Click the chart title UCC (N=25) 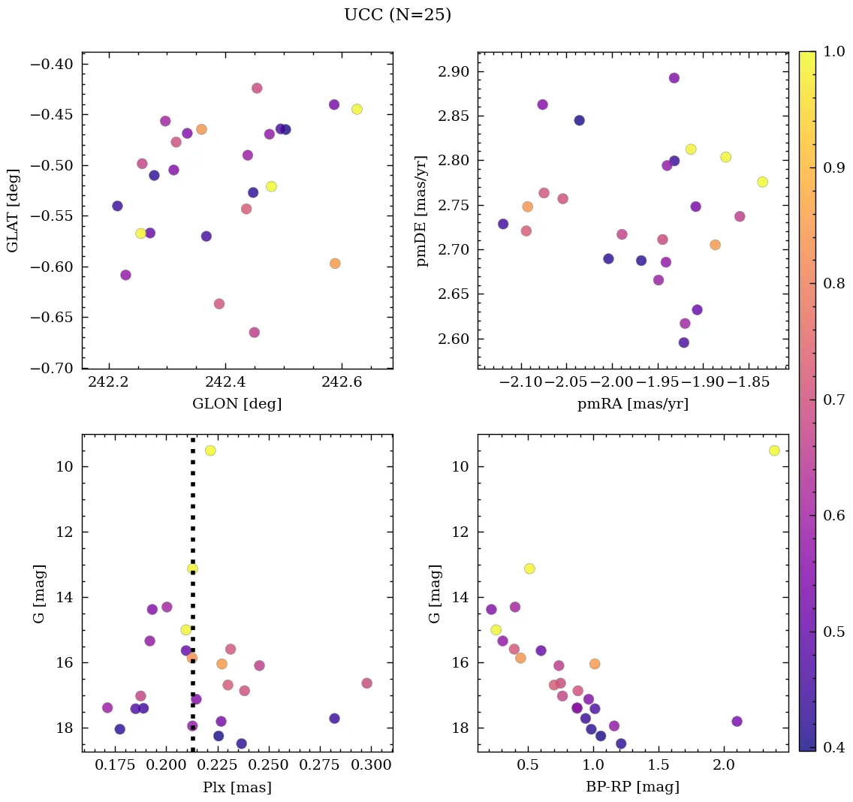397,15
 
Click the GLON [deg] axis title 237,404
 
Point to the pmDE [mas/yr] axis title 422,211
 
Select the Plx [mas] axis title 237,788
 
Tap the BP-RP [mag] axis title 632,788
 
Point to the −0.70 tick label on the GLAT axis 51,368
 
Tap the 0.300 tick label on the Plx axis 372,767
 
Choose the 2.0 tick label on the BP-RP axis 724,767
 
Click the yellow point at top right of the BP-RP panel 774,451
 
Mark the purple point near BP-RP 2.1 737,722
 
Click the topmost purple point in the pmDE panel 674,78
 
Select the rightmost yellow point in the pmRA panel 763,182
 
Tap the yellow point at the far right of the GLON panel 357,109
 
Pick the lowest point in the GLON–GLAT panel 255,333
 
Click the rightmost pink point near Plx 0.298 366,683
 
